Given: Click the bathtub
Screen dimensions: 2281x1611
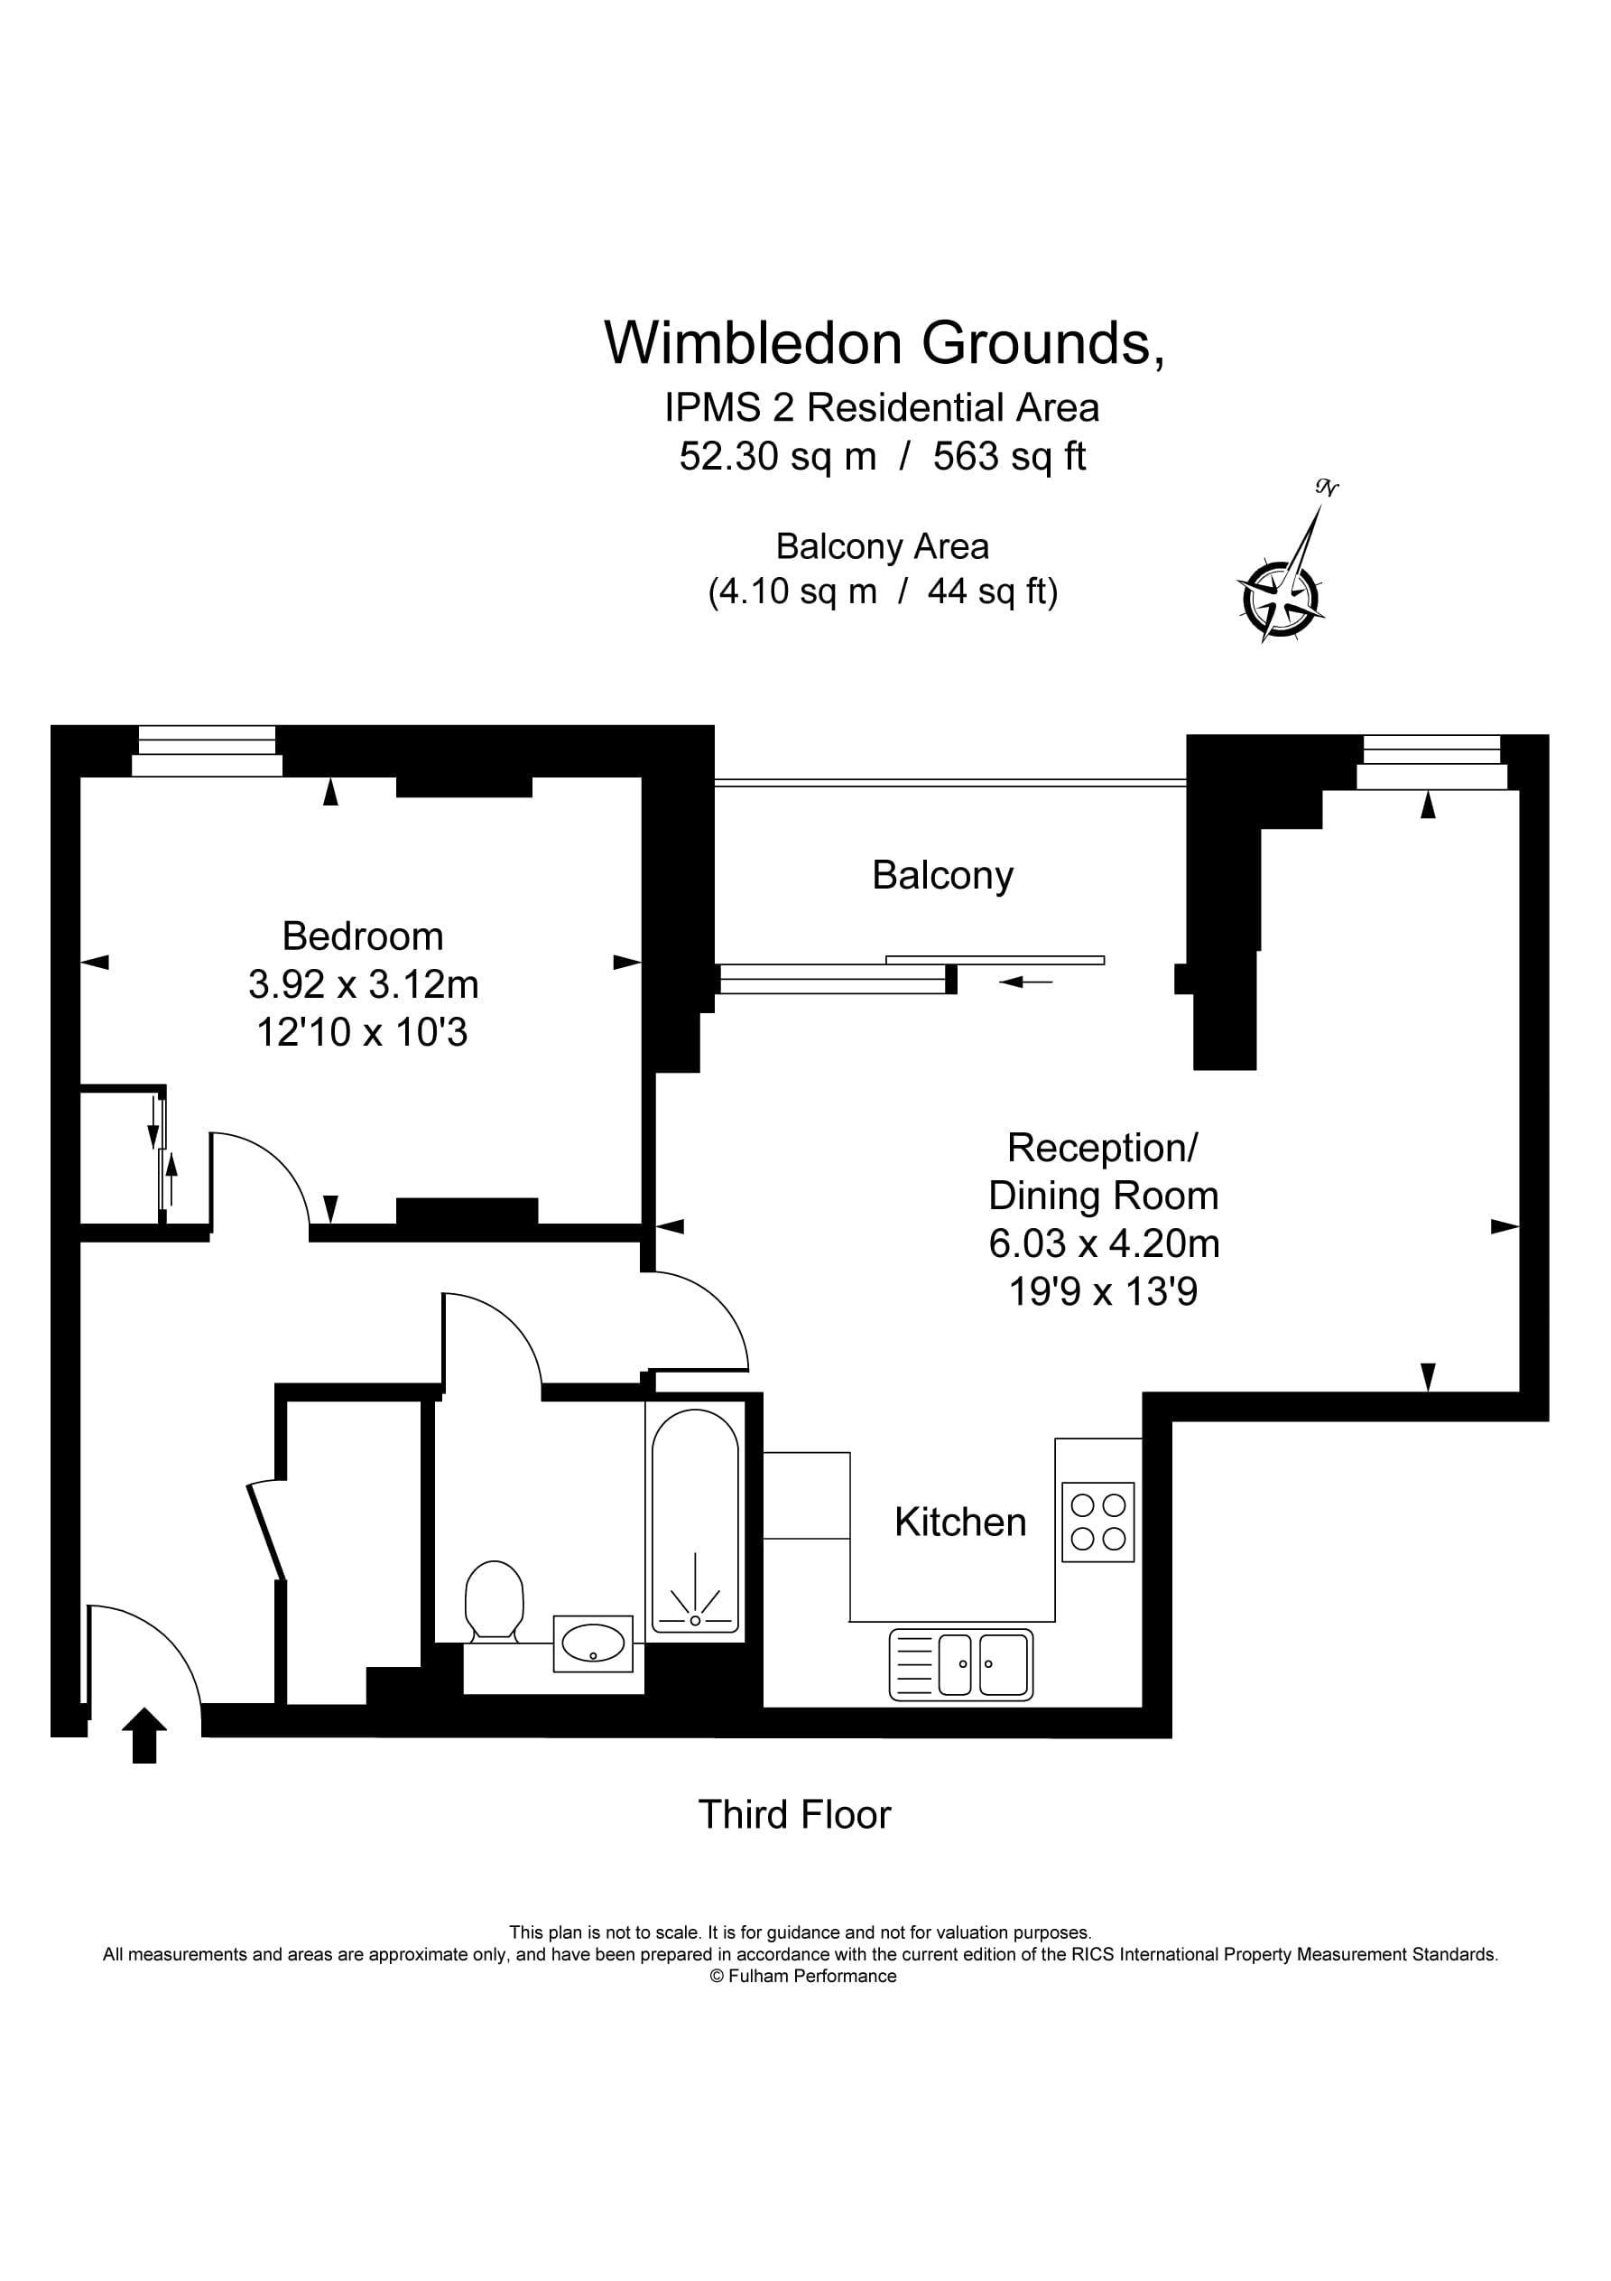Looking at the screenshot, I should (694, 1520).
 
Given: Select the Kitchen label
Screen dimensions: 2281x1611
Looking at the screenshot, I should (959, 1522).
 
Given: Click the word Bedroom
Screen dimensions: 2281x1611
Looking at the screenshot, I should (363, 936).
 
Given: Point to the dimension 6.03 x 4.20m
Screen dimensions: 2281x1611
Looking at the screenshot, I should (1104, 1243).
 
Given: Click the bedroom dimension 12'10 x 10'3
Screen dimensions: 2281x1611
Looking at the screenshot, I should (362, 1032).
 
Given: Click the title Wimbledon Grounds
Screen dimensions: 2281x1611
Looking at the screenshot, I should (883, 343).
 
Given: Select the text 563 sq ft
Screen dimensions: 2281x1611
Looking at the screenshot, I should (1009, 456).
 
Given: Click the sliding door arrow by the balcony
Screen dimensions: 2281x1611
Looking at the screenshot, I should (1026, 982).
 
